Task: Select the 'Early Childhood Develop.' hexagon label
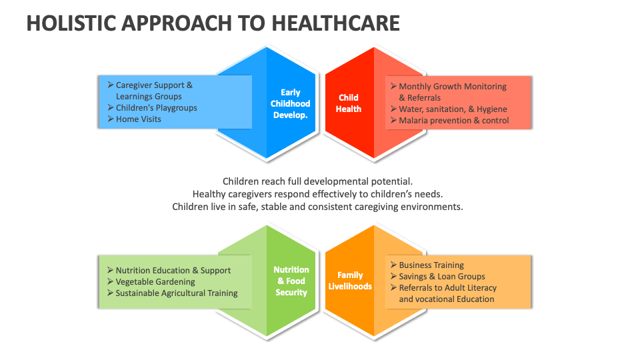(x=290, y=103)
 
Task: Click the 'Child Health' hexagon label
(x=349, y=103)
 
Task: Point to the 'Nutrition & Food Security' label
(x=291, y=281)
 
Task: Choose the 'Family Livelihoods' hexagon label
(x=350, y=281)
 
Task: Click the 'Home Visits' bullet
(x=138, y=119)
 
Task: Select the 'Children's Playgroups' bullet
(x=156, y=108)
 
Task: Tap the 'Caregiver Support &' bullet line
(x=154, y=85)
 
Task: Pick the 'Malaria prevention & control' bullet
(x=453, y=121)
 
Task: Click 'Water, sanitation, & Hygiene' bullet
(x=453, y=109)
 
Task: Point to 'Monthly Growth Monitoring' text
(x=452, y=87)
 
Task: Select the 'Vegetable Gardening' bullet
(x=155, y=282)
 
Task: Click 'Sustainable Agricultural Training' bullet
(x=176, y=293)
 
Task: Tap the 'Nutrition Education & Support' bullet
(x=173, y=271)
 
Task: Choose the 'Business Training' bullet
(x=431, y=265)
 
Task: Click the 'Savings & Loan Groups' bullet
(x=441, y=277)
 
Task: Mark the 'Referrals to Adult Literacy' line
(x=447, y=288)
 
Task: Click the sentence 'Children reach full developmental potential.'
(x=318, y=181)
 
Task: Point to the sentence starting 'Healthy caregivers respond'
(x=318, y=194)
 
